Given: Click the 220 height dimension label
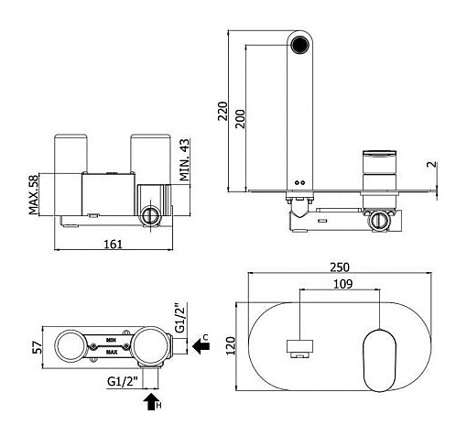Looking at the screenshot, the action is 223,111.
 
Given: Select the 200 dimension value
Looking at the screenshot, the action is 241,119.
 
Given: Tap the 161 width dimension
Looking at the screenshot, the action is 113,244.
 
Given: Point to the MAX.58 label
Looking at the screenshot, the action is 34,194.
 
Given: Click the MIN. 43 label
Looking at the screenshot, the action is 184,159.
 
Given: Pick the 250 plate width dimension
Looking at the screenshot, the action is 340,267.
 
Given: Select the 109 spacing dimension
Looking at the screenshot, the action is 342,284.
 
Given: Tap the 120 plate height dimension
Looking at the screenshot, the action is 231,345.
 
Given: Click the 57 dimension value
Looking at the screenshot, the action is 38,347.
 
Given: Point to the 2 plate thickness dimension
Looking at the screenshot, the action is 432,164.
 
